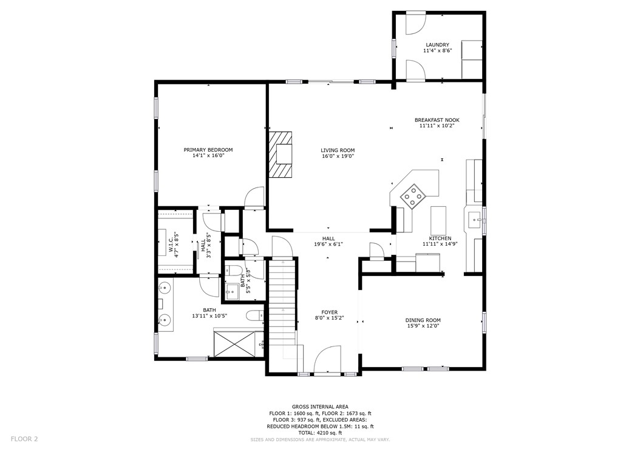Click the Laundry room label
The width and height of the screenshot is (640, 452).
437,45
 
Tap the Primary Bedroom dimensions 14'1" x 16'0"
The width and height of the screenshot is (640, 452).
208,156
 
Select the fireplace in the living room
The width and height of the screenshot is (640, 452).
281,154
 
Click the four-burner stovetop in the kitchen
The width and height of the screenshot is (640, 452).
413,196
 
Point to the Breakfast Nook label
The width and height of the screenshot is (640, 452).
437,120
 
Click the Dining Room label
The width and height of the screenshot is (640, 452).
423,320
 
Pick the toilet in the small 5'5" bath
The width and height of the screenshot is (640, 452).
235,270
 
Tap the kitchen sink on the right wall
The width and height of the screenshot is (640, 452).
475,219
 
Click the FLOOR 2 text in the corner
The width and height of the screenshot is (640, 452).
24,438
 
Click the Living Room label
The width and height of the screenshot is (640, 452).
338,150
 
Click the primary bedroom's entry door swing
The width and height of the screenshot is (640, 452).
254,198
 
